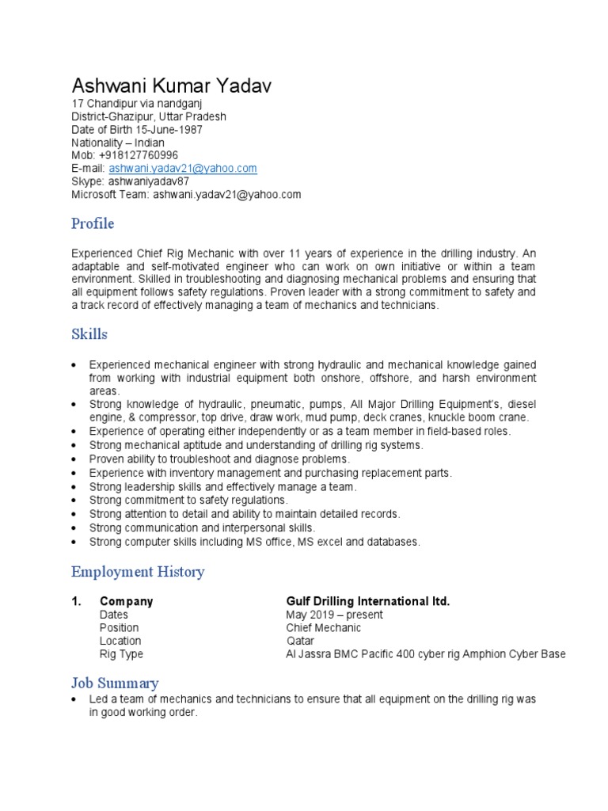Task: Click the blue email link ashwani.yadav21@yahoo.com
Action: (x=183, y=169)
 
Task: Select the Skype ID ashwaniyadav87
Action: (x=149, y=181)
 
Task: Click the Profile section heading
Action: (x=93, y=223)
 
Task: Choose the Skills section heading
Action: (x=89, y=334)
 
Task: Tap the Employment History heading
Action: (x=138, y=572)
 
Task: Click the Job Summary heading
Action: (x=115, y=683)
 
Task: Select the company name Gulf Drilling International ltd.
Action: (x=367, y=602)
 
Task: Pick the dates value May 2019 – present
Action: (x=334, y=615)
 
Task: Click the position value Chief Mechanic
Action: (x=323, y=628)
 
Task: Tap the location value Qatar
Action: (x=300, y=641)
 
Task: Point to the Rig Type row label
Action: (x=121, y=654)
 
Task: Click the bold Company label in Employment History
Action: (x=126, y=602)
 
